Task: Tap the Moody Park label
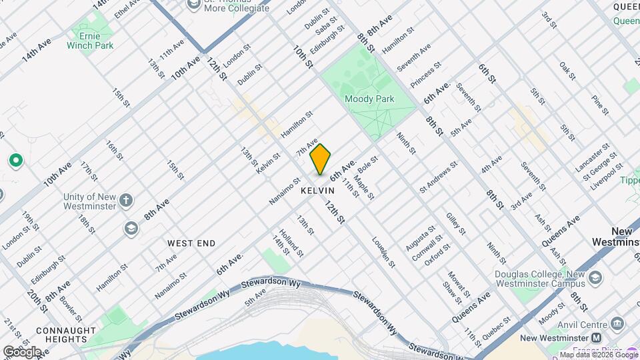click(369, 99)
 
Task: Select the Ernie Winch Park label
click(90, 40)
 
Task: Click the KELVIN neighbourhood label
click(317, 191)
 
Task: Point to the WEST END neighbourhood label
click(191, 243)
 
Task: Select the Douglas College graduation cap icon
click(595, 277)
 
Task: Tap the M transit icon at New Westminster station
click(597, 339)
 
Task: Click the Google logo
click(21, 351)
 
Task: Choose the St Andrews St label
click(438, 177)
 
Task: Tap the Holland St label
click(291, 243)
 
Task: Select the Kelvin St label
click(268, 164)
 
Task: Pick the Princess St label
click(426, 76)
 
